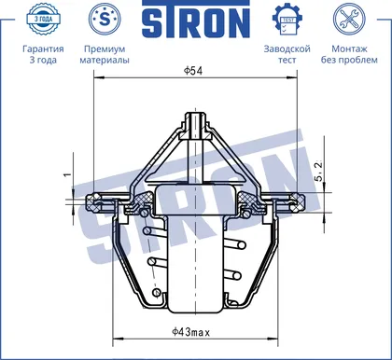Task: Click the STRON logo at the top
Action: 196,20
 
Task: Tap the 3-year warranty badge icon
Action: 43,19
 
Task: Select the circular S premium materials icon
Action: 105,19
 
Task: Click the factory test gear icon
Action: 287,20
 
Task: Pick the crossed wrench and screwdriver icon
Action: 349,20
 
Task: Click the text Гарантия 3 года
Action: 43,54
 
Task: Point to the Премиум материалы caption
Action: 105,54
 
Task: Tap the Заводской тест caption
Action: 287,54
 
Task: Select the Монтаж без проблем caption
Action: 349,54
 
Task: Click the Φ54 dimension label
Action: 193,71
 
